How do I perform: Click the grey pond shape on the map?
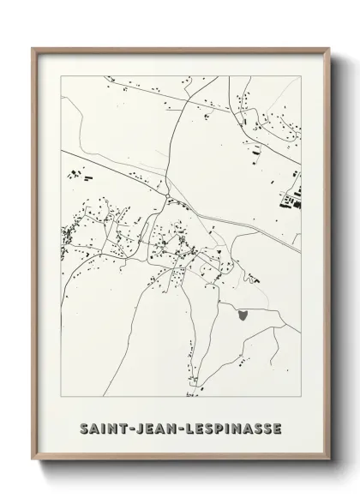(x=243, y=315)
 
